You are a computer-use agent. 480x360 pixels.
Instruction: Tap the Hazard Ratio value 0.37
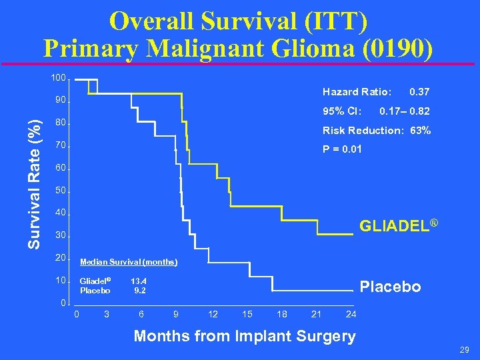tap(419, 91)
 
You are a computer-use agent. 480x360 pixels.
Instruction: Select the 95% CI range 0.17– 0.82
tap(404, 111)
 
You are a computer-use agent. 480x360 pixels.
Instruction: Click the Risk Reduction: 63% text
tap(377, 131)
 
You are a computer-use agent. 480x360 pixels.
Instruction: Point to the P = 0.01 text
tap(342, 149)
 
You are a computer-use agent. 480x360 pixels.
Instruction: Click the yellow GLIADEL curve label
tap(398, 226)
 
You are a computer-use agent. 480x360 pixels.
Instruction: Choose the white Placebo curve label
tap(391, 287)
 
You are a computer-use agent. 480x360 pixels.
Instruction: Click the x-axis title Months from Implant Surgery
tap(245, 335)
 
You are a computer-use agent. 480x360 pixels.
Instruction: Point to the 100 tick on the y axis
tap(58, 78)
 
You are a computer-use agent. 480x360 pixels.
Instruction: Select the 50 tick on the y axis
tap(60, 191)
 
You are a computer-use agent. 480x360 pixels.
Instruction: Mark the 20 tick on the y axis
tap(60, 258)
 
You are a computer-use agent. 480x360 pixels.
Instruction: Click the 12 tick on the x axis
tap(213, 314)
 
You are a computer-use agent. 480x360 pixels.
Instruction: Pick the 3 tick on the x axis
tap(106, 314)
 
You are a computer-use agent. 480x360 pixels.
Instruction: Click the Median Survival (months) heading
tap(128, 262)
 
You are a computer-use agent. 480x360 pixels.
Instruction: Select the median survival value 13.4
tap(139, 281)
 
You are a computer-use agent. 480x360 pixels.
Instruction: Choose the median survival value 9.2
tap(139, 290)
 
